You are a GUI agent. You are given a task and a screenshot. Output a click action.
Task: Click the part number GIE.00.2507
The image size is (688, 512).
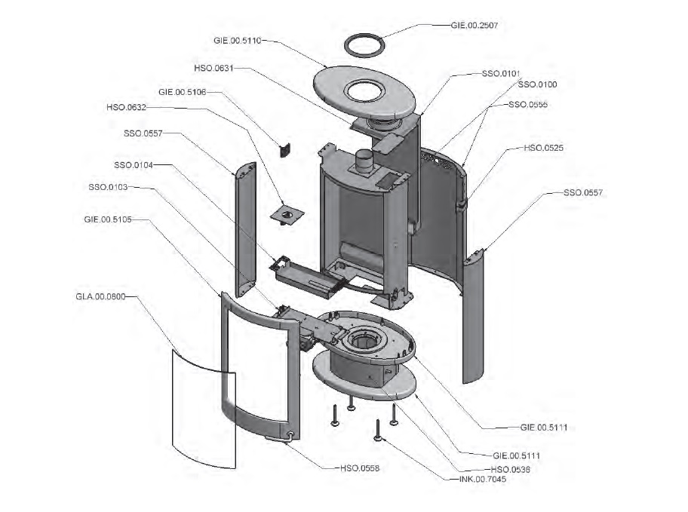point(475,26)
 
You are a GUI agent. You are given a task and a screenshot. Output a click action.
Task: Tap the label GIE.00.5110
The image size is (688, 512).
point(238,41)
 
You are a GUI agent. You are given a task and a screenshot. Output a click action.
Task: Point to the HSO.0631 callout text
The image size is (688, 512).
point(213,68)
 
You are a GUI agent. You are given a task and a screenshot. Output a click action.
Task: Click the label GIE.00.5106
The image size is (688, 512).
point(182,92)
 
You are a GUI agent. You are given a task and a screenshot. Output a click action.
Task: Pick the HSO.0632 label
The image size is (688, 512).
point(127,107)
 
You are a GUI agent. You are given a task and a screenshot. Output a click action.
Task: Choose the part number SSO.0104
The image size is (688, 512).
point(134,165)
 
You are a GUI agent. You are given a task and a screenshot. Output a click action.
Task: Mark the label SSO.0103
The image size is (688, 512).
point(108,187)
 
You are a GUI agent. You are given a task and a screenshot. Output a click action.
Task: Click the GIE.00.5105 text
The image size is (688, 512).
point(108,219)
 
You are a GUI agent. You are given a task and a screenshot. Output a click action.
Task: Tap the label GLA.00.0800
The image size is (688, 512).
point(100,296)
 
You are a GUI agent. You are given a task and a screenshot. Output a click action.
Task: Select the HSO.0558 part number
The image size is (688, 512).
point(360,468)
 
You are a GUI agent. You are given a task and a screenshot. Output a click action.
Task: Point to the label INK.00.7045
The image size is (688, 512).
point(483,479)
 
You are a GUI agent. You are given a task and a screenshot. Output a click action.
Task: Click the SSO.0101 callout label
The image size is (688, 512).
point(501,74)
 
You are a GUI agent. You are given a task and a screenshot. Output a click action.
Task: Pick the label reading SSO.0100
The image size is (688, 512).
point(537,84)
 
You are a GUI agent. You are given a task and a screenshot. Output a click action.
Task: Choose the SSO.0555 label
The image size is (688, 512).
point(528,104)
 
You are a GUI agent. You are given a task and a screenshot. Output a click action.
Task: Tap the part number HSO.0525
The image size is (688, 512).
point(544,148)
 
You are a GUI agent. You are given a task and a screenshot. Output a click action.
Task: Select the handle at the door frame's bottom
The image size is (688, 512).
point(280,437)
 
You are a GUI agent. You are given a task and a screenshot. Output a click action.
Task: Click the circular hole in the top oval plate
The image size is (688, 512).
point(364,92)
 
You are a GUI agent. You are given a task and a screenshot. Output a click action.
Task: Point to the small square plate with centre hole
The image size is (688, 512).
point(287,215)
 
